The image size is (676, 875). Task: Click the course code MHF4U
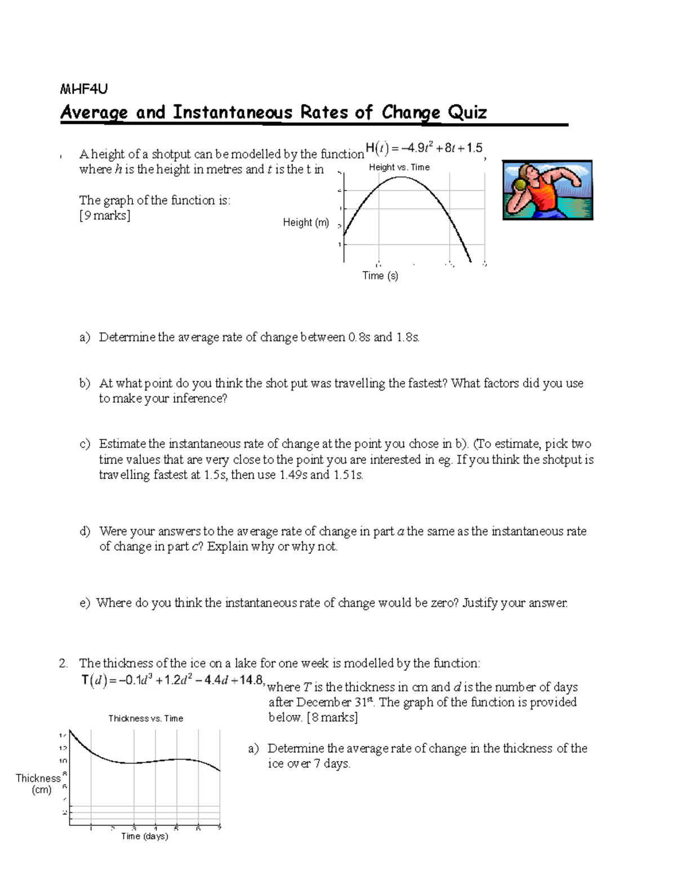[83, 89]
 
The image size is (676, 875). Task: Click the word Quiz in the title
[467, 112]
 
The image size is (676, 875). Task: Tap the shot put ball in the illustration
[520, 185]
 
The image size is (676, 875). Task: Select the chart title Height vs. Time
[399, 167]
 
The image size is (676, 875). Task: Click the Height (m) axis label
[306, 223]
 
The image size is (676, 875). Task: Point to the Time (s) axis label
[380, 276]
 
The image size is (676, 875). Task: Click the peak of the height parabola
[399, 177]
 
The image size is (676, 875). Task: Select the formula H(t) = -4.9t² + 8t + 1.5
[424, 148]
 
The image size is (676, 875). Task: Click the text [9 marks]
[105, 216]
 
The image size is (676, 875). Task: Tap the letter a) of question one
[85, 337]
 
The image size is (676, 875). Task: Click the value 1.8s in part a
[407, 337]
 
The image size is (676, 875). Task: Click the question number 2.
[63, 663]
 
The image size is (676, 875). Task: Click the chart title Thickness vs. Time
[146, 718]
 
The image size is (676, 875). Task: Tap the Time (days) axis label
[145, 836]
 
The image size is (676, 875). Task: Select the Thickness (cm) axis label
[38, 784]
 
